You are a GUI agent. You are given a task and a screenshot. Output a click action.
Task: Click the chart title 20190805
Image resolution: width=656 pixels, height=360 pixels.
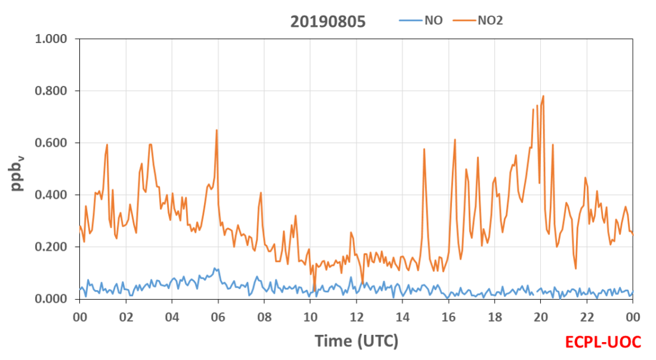328,21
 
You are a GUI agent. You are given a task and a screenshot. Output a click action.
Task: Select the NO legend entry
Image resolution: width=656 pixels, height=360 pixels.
420,20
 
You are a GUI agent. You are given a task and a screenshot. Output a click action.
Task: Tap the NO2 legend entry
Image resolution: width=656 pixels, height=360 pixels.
478,20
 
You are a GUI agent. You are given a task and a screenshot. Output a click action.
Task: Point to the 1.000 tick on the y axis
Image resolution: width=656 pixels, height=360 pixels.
51,39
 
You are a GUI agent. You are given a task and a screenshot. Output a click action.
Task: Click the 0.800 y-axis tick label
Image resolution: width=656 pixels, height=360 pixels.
51,91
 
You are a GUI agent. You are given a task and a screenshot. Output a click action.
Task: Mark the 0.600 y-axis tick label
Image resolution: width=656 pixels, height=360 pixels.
51,143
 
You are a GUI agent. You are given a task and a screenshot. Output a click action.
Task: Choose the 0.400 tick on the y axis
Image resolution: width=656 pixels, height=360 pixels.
51,195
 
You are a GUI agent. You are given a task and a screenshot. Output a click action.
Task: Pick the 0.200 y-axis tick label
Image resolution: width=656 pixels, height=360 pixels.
51,247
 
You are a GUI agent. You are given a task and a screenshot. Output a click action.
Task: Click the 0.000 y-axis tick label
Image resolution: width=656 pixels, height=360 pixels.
51,299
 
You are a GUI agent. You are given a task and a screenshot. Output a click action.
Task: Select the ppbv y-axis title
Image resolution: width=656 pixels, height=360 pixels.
17,174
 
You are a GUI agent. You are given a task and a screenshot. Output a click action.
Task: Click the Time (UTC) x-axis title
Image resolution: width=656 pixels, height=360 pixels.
357,341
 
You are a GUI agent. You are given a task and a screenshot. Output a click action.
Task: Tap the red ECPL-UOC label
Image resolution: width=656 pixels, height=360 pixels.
603,342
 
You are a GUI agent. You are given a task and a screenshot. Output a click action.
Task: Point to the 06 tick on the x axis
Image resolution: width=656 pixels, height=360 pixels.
218,317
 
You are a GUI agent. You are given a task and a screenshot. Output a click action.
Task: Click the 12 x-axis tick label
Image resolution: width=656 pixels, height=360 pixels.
357,317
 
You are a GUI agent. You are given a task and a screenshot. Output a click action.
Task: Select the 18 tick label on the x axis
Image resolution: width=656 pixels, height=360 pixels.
494,317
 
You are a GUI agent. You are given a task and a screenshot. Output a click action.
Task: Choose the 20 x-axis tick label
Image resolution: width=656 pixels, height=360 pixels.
540,317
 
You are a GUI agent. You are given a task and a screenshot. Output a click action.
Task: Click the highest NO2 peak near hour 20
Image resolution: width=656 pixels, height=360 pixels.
543,96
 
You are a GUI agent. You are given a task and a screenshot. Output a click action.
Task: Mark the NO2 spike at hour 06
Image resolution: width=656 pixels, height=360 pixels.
216,130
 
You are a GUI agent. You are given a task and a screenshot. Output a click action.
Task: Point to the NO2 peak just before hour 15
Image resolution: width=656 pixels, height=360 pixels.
424,149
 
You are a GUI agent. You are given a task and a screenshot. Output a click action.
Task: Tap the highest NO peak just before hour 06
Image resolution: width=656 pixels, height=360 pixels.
215,268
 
